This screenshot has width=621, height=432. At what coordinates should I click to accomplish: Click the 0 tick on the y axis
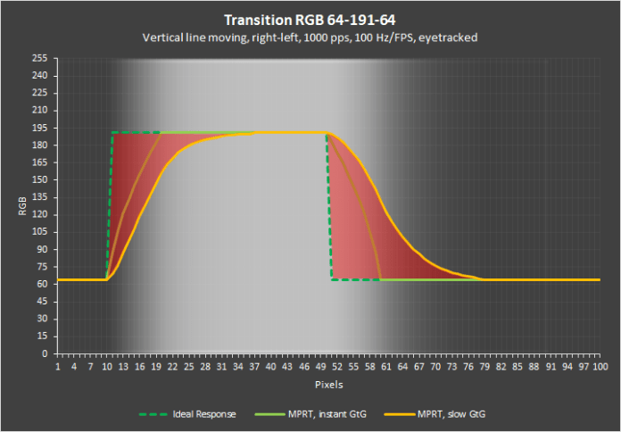pyautogui.click(x=46, y=353)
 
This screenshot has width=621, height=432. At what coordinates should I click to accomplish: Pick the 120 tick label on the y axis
pyautogui.click(x=40, y=215)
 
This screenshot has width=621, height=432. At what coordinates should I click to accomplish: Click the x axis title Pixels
pyautogui.click(x=328, y=383)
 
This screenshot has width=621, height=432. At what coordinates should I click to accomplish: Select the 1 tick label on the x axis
pyautogui.click(x=58, y=366)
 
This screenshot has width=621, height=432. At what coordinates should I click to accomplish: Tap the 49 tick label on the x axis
pyautogui.click(x=319, y=366)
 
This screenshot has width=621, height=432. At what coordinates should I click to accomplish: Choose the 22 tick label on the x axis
pyautogui.click(x=172, y=366)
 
